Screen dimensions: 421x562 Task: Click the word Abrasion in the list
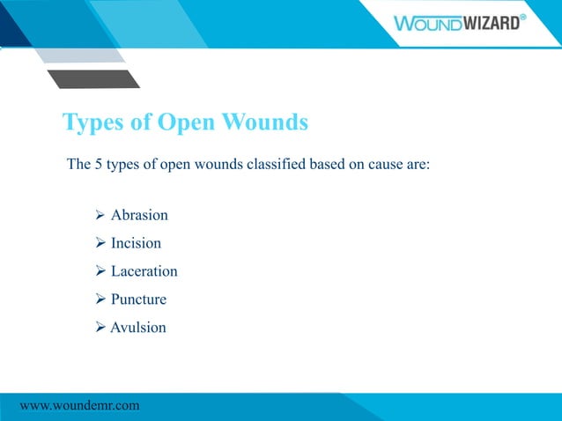(139, 215)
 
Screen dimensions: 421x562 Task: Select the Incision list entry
(136, 243)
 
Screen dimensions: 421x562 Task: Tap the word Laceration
(144, 271)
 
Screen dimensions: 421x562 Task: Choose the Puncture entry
(138, 299)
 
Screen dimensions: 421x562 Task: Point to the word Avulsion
(137, 328)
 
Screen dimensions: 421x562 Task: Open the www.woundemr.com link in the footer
(79, 405)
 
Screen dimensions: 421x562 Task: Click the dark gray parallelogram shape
(93, 78)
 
